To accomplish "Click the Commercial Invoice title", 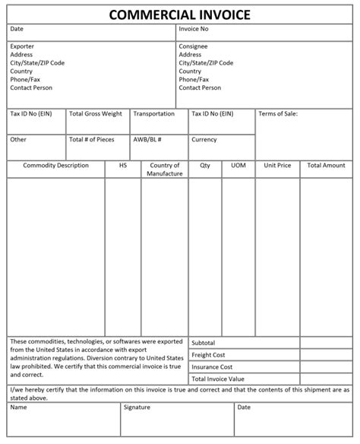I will [x=179, y=14].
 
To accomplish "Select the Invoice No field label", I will [x=194, y=29].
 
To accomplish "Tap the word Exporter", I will [x=22, y=46].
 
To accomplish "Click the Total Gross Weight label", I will [x=95, y=114].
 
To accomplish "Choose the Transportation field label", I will [x=153, y=114].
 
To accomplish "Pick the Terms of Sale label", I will [x=278, y=114].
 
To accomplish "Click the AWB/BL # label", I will [x=147, y=140].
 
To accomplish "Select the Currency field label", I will [x=204, y=140].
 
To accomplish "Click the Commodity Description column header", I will [x=56, y=166].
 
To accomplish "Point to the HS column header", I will [x=122, y=166].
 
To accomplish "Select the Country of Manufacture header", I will [x=165, y=170].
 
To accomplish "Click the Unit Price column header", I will [x=277, y=166].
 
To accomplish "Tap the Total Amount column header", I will [x=327, y=166].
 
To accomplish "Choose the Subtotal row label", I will [x=204, y=343].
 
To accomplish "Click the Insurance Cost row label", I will [x=213, y=366].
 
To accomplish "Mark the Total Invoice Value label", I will [x=218, y=379].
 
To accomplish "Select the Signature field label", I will [x=137, y=408].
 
